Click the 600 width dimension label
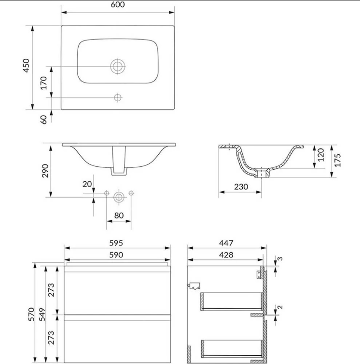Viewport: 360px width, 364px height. click(118, 4)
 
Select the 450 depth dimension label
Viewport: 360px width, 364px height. click(27, 66)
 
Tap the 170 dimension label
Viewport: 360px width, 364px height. click(43, 83)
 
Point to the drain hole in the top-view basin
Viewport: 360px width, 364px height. click(118, 66)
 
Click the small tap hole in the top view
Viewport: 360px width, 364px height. click(118, 97)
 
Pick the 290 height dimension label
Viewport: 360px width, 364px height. click(45, 171)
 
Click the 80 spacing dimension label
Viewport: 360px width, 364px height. click(119, 216)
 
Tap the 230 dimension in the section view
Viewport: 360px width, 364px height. click(241, 187)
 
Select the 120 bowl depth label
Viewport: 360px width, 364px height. click(320, 155)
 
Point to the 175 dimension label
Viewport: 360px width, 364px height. click(337, 160)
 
